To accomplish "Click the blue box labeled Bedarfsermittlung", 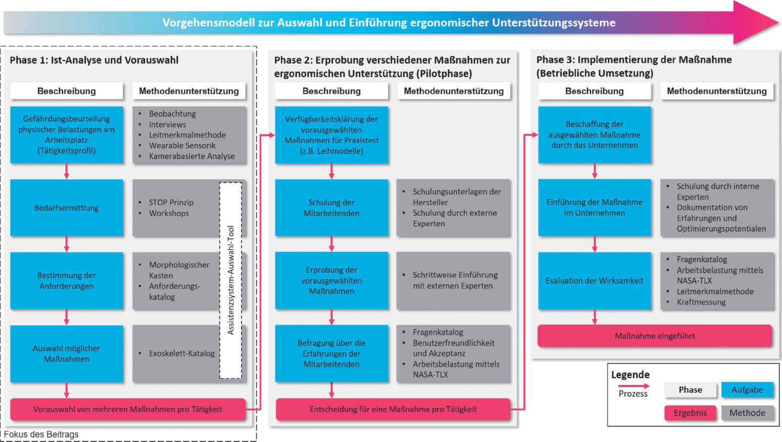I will click(67, 208).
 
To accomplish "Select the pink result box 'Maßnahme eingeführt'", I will click(654, 336).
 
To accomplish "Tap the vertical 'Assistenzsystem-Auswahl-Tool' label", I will click(231, 280).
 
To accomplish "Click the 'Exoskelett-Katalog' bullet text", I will click(182, 353).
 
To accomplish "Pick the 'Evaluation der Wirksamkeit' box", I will click(594, 281).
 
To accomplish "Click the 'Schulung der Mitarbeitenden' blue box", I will click(331, 208).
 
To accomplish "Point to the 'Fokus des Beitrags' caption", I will click(41, 434).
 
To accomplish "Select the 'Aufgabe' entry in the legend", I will click(747, 390).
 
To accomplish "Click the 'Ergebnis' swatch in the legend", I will click(690, 413).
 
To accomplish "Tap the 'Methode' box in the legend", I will click(747, 413).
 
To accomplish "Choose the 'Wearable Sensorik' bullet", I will click(182, 145).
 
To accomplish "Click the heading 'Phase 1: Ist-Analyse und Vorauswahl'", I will click(94, 60).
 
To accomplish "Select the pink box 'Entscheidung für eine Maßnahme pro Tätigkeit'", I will click(393, 409).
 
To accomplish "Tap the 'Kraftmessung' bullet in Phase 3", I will click(701, 302).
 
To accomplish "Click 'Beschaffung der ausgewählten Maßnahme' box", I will click(594, 135).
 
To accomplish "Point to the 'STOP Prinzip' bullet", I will click(171, 202).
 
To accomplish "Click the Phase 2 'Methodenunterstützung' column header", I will click(453, 91).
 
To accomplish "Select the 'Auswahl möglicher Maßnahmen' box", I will click(67, 354).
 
